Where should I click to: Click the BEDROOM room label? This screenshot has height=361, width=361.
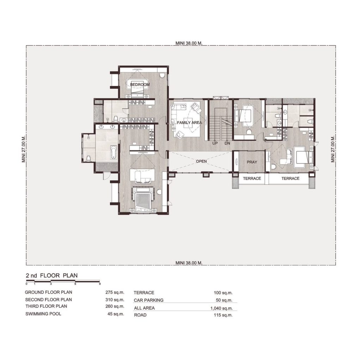tap(140, 85)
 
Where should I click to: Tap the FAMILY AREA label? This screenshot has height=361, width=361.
tap(189, 123)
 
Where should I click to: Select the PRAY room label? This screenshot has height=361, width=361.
tap(252, 162)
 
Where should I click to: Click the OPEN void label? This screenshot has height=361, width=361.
tap(201, 161)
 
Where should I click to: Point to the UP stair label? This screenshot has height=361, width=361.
tap(215, 143)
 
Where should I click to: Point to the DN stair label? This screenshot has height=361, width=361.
tap(227, 143)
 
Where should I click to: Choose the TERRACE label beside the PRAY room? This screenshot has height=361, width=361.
tap(252, 178)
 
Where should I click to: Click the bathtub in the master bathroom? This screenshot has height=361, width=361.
tap(114, 152)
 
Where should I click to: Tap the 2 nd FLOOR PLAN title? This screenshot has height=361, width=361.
tap(52, 275)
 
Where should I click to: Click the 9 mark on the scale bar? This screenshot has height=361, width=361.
tap(100, 284)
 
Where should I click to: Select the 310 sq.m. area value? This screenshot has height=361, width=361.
tap(115, 300)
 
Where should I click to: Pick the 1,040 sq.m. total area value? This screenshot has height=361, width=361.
tap(221, 308)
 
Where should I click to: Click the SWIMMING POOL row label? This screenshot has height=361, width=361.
tap(43, 314)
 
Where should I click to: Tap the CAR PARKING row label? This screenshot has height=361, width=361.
tap(148, 300)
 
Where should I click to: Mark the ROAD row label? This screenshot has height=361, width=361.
tap(140, 315)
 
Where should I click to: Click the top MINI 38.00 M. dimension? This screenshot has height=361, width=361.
tap(189, 43)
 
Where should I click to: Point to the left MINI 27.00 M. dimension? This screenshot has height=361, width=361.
tap(24, 149)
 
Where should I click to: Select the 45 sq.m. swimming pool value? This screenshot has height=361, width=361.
tap(116, 314)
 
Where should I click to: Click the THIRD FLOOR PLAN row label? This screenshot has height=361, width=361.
tap(46, 306)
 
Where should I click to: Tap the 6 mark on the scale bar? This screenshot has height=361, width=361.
tap(75, 284)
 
